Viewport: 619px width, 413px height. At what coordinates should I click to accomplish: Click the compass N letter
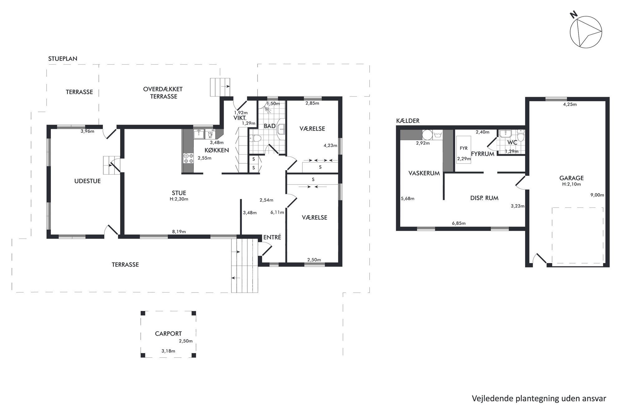(x=573, y=23)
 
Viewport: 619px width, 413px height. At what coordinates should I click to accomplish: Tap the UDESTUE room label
(x=87, y=181)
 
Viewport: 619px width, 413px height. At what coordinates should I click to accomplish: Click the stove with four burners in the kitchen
(x=188, y=158)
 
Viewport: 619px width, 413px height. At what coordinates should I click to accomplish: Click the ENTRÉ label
(x=272, y=237)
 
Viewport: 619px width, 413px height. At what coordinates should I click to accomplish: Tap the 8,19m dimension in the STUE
(x=179, y=232)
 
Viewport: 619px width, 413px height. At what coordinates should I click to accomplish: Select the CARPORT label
(x=168, y=334)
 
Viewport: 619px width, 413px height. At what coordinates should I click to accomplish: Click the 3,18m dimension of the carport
(x=168, y=351)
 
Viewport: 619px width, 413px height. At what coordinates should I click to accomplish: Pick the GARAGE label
(x=571, y=178)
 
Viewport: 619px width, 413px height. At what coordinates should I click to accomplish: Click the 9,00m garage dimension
(x=597, y=195)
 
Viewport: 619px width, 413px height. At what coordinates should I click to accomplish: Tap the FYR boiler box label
(x=464, y=148)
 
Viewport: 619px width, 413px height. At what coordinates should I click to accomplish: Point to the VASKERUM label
(x=424, y=173)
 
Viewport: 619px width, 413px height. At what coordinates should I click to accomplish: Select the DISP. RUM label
(x=484, y=198)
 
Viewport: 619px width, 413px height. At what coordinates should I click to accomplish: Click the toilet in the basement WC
(x=520, y=136)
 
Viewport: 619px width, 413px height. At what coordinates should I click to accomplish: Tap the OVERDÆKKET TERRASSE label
(x=163, y=93)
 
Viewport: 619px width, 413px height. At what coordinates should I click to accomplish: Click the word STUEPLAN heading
(x=63, y=59)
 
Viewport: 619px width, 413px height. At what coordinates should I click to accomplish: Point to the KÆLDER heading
(x=408, y=121)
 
